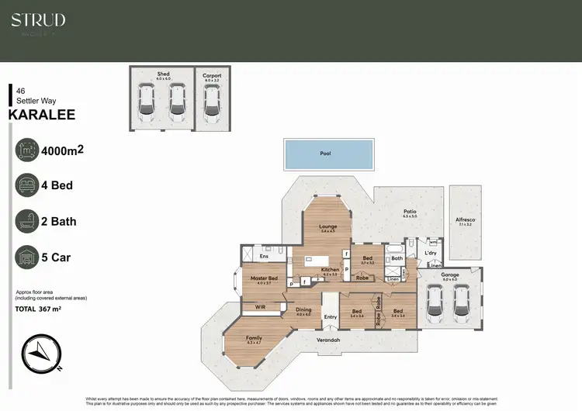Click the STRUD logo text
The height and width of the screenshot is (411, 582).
tap(38, 20)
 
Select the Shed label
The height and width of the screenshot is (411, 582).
tap(162, 74)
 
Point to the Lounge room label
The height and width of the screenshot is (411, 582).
tap(327, 226)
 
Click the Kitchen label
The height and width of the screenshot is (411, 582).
tap(331, 269)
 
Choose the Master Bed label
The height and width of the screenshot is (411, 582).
tap(264, 278)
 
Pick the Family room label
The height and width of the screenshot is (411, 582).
tap(254, 338)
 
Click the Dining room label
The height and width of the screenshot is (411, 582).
tap(303, 310)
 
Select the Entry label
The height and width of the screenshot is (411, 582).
tap(331, 316)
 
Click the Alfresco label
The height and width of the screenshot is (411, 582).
tap(466, 221)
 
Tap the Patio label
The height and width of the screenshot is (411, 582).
tap(410, 211)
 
